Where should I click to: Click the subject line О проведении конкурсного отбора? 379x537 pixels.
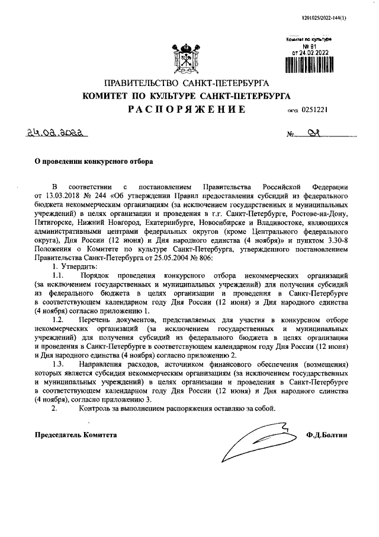click(92, 160)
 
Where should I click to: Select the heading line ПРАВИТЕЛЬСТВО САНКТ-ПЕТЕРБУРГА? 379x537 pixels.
click(187, 82)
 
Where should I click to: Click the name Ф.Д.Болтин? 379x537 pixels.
click(326, 434)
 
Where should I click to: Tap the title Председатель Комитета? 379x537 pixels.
click(74, 434)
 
